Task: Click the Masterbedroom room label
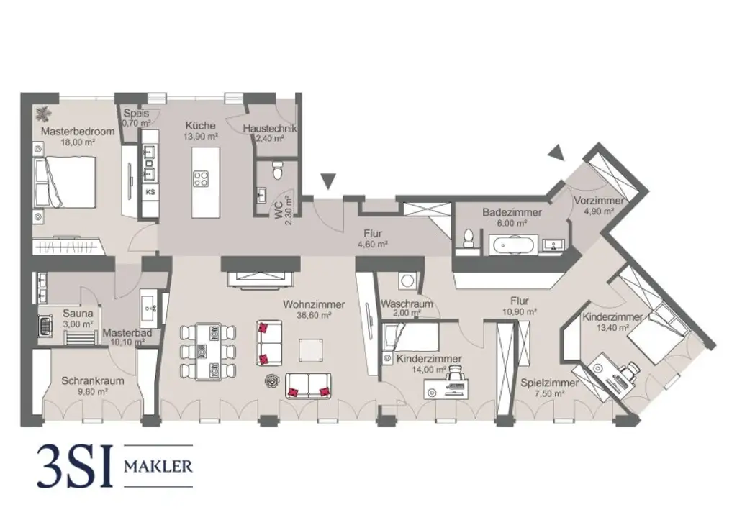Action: (x=69, y=132)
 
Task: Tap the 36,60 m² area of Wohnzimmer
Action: (x=313, y=315)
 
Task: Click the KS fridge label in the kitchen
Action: (x=150, y=192)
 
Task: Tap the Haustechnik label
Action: (x=270, y=129)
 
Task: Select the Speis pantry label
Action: (x=135, y=113)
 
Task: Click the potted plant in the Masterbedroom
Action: (x=44, y=112)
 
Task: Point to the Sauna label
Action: (x=76, y=314)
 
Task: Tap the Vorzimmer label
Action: (x=599, y=201)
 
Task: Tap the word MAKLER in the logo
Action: (x=158, y=466)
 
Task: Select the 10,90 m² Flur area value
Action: (x=520, y=312)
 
